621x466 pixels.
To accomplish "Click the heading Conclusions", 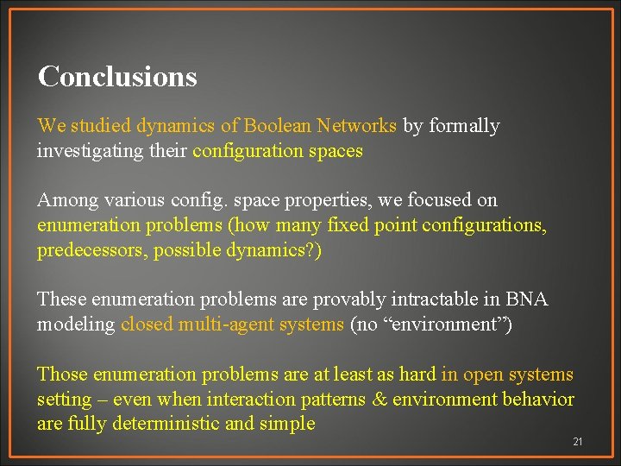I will point(117,77).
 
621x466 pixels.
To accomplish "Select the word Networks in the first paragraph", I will point(356,126).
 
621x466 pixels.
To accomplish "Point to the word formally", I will point(464,126).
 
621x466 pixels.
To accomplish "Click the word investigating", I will point(90,151).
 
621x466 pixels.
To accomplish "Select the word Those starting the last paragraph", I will point(62,375).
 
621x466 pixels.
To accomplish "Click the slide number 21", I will point(578,442).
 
